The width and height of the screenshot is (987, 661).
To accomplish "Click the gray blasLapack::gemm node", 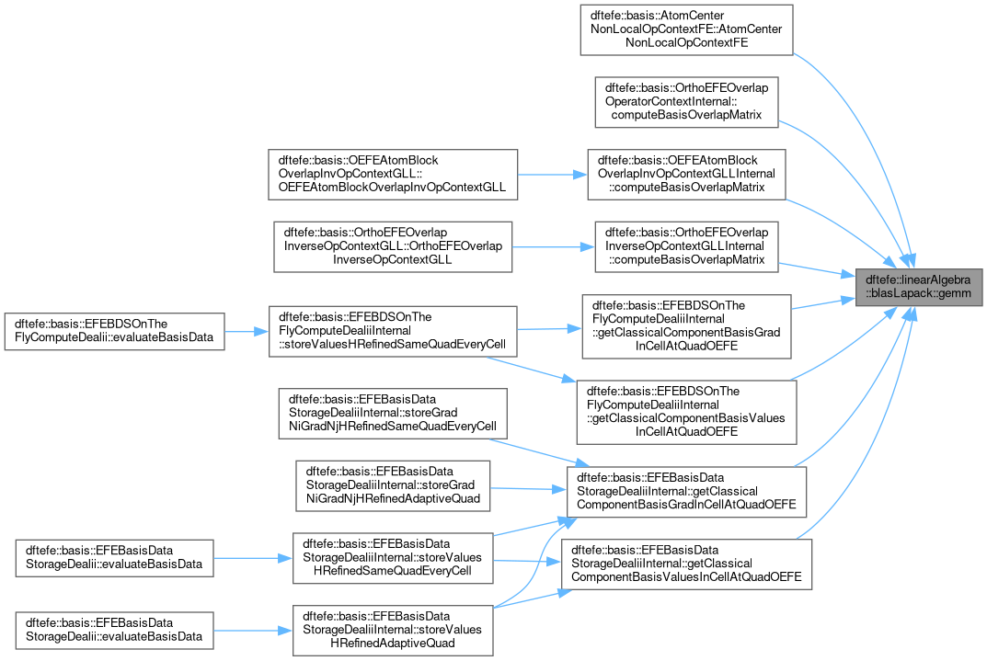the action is pos(918,287).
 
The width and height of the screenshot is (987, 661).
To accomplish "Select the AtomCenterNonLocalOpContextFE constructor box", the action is pos(686,28).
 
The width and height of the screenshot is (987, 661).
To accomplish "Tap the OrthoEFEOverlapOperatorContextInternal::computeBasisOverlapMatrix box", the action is pos(686,101).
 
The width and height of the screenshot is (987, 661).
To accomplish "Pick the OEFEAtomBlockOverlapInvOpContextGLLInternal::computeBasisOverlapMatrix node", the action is pos(686,174).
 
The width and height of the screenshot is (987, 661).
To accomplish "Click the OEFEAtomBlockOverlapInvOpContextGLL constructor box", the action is pos(393,174).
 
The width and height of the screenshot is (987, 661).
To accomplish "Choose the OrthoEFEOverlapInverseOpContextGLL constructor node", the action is pos(393,246).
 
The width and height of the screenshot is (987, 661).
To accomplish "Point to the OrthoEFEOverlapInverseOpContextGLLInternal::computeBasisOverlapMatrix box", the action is pos(686,246).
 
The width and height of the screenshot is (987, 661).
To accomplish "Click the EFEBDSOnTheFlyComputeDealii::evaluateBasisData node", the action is pos(115,331).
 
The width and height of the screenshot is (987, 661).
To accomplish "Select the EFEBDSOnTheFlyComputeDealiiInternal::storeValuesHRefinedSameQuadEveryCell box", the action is pos(393,331).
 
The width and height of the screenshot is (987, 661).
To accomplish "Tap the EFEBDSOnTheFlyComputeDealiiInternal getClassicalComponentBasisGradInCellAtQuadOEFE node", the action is pos(686,325).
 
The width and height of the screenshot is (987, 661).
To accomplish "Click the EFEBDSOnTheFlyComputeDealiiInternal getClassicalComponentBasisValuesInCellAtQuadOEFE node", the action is pos(686,412).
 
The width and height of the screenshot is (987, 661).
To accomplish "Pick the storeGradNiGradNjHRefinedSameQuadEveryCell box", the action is pos(393,413).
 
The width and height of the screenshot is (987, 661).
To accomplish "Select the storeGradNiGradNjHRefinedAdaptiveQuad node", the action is pos(393,485).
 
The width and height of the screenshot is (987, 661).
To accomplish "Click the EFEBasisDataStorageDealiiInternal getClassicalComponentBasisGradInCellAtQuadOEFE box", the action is pos(686,491).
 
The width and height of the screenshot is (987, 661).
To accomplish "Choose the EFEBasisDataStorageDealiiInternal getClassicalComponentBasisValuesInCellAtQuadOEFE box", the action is pos(686,564).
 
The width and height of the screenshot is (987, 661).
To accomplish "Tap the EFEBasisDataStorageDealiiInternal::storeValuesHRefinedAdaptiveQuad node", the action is pos(393,630).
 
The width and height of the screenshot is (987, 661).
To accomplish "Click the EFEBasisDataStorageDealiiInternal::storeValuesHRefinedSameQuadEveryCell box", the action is pos(393,558).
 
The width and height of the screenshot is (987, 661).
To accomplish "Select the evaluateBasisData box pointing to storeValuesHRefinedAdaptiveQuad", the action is pos(115,630).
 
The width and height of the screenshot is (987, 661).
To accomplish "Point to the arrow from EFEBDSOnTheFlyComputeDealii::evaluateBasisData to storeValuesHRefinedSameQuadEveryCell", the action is pos(247,331).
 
